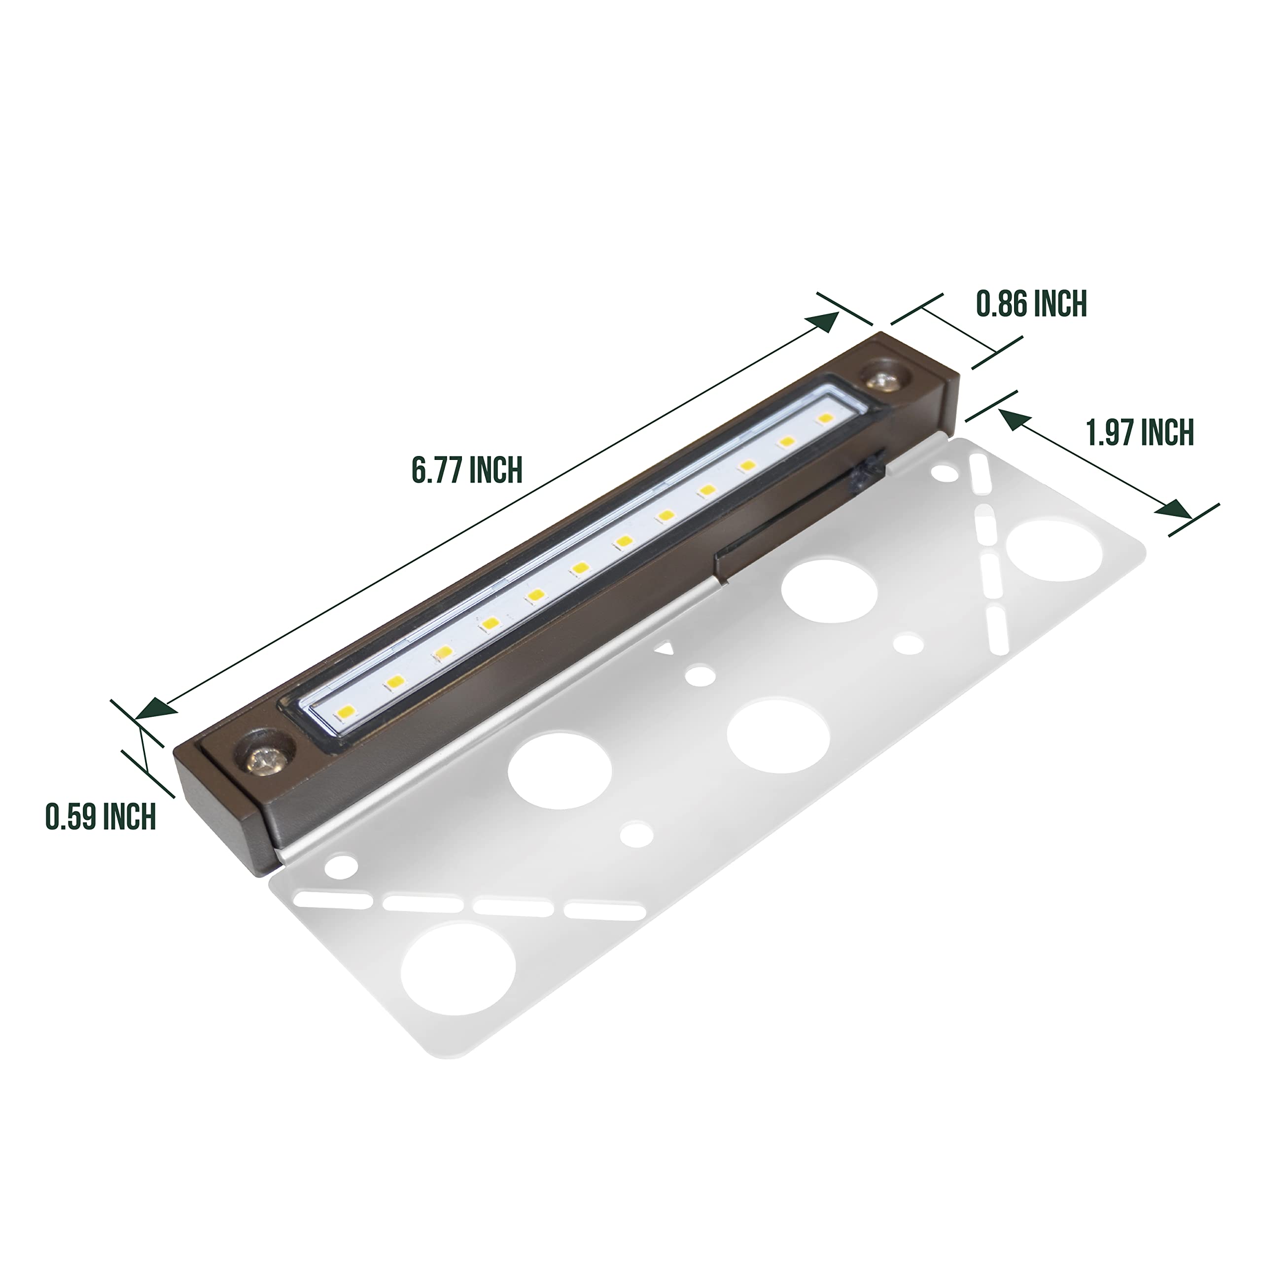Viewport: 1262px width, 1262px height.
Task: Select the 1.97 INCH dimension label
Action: tap(1139, 432)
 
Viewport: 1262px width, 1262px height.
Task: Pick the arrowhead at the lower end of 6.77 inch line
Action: tap(155, 707)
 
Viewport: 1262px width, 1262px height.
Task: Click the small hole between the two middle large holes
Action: tap(699, 675)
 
